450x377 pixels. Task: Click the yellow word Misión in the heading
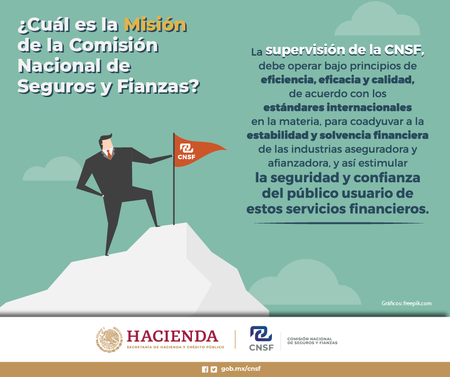155,24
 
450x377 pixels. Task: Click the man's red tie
109,154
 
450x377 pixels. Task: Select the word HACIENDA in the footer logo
172,336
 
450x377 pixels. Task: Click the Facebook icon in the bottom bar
205,369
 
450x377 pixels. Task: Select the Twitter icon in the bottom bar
214,369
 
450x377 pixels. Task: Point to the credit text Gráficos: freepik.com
406,303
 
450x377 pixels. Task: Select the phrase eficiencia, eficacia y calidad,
337,79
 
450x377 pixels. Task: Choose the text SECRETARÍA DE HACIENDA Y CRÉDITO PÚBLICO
175,347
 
